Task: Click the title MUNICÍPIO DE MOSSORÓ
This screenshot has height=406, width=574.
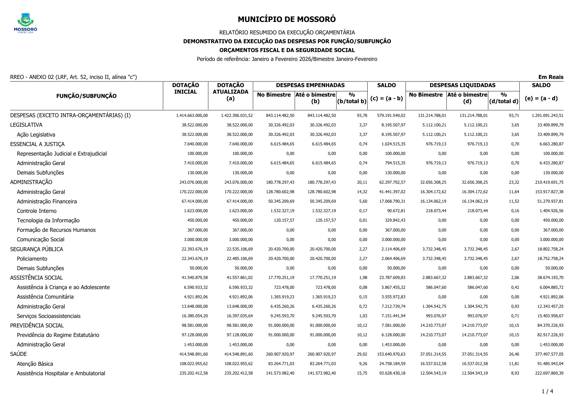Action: point(287,19)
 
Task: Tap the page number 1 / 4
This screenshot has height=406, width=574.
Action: point(547,391)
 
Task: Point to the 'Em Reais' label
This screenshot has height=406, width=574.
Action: point(550,77)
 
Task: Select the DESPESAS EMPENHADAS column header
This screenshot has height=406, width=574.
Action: point(310,85)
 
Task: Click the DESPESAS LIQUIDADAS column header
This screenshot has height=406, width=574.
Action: point(462,85)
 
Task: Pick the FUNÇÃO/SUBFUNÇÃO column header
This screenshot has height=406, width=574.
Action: point(86,96)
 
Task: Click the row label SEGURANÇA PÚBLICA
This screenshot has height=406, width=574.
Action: point(37,249)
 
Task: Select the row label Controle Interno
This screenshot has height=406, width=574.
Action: point(37,211)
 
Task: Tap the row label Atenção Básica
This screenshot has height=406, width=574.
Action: point(35,364)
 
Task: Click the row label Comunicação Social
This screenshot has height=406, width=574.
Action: point(41,240)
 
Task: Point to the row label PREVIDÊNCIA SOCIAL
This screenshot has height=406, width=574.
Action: point(37,325)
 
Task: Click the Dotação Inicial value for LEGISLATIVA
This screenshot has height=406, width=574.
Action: point(195,125)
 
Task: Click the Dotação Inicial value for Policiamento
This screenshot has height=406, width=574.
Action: point(195,259)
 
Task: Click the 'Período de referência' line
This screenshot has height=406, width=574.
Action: point(287,59)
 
